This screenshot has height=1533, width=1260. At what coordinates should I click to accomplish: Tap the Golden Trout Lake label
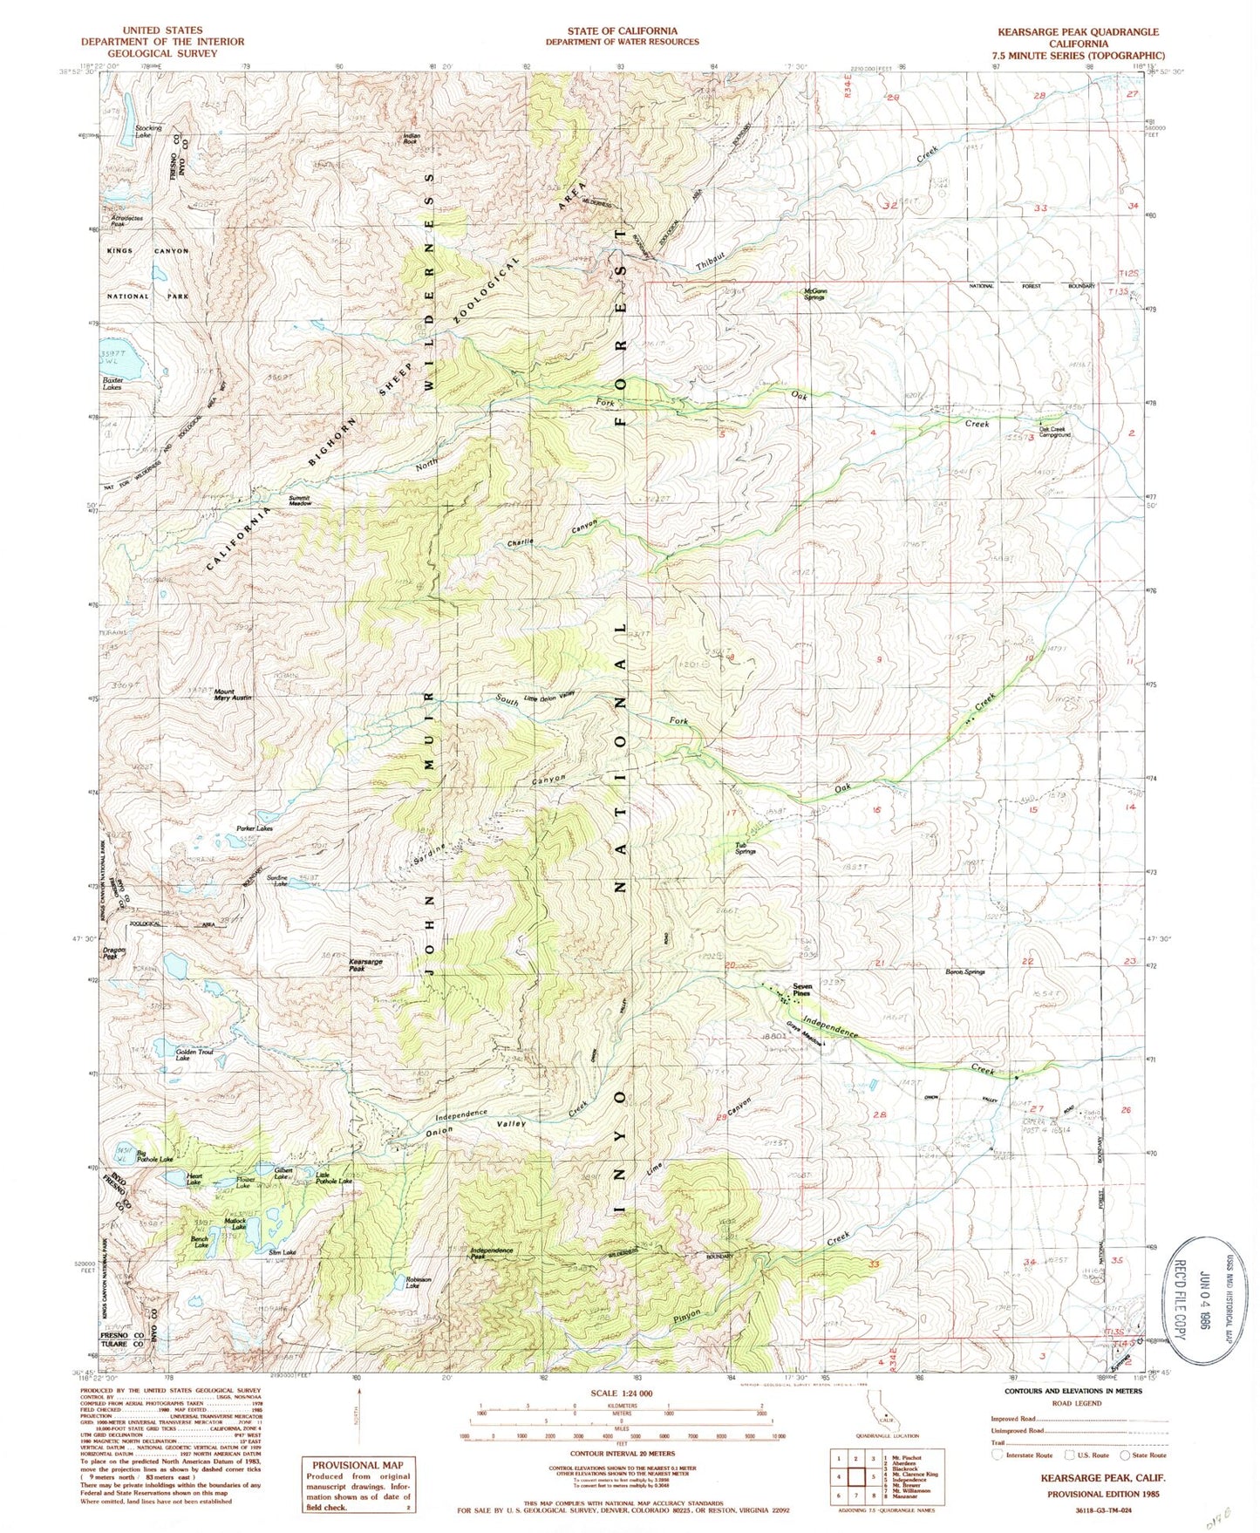point(194,1055)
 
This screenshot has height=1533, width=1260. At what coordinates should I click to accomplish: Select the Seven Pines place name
point(801,990)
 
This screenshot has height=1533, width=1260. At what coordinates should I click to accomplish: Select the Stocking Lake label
point(148,131)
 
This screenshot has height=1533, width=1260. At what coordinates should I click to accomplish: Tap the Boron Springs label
point(965,971)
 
